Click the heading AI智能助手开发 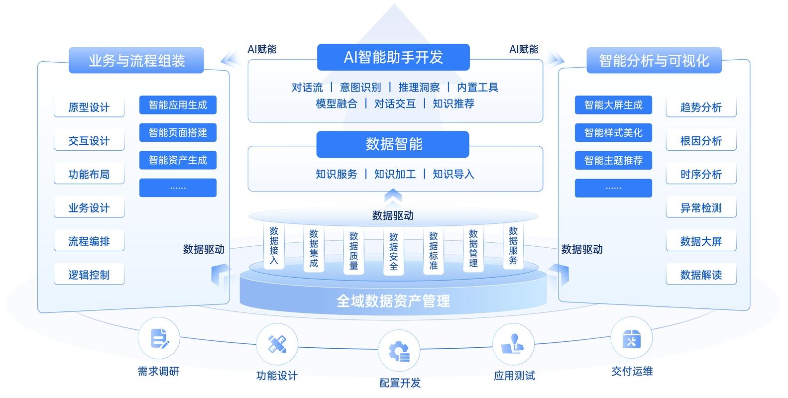[393, 57]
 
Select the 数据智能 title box [393, 144]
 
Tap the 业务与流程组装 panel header [136, 61]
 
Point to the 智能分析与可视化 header [654, 61]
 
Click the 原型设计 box [89, 107]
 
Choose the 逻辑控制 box [89, 275]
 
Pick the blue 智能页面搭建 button [178, 133]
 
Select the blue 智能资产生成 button [178, 160]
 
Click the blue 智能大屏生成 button [613, 105]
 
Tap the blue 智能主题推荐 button [613, 160]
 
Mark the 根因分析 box [701, 141]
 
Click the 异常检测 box [701, 208]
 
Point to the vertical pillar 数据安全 [394, 251]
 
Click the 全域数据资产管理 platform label [393, 300]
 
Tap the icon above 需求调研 [159, 339]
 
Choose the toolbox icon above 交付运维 [631, 339]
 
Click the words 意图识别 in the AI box [360, 88]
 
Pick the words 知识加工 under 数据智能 [395, 174]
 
